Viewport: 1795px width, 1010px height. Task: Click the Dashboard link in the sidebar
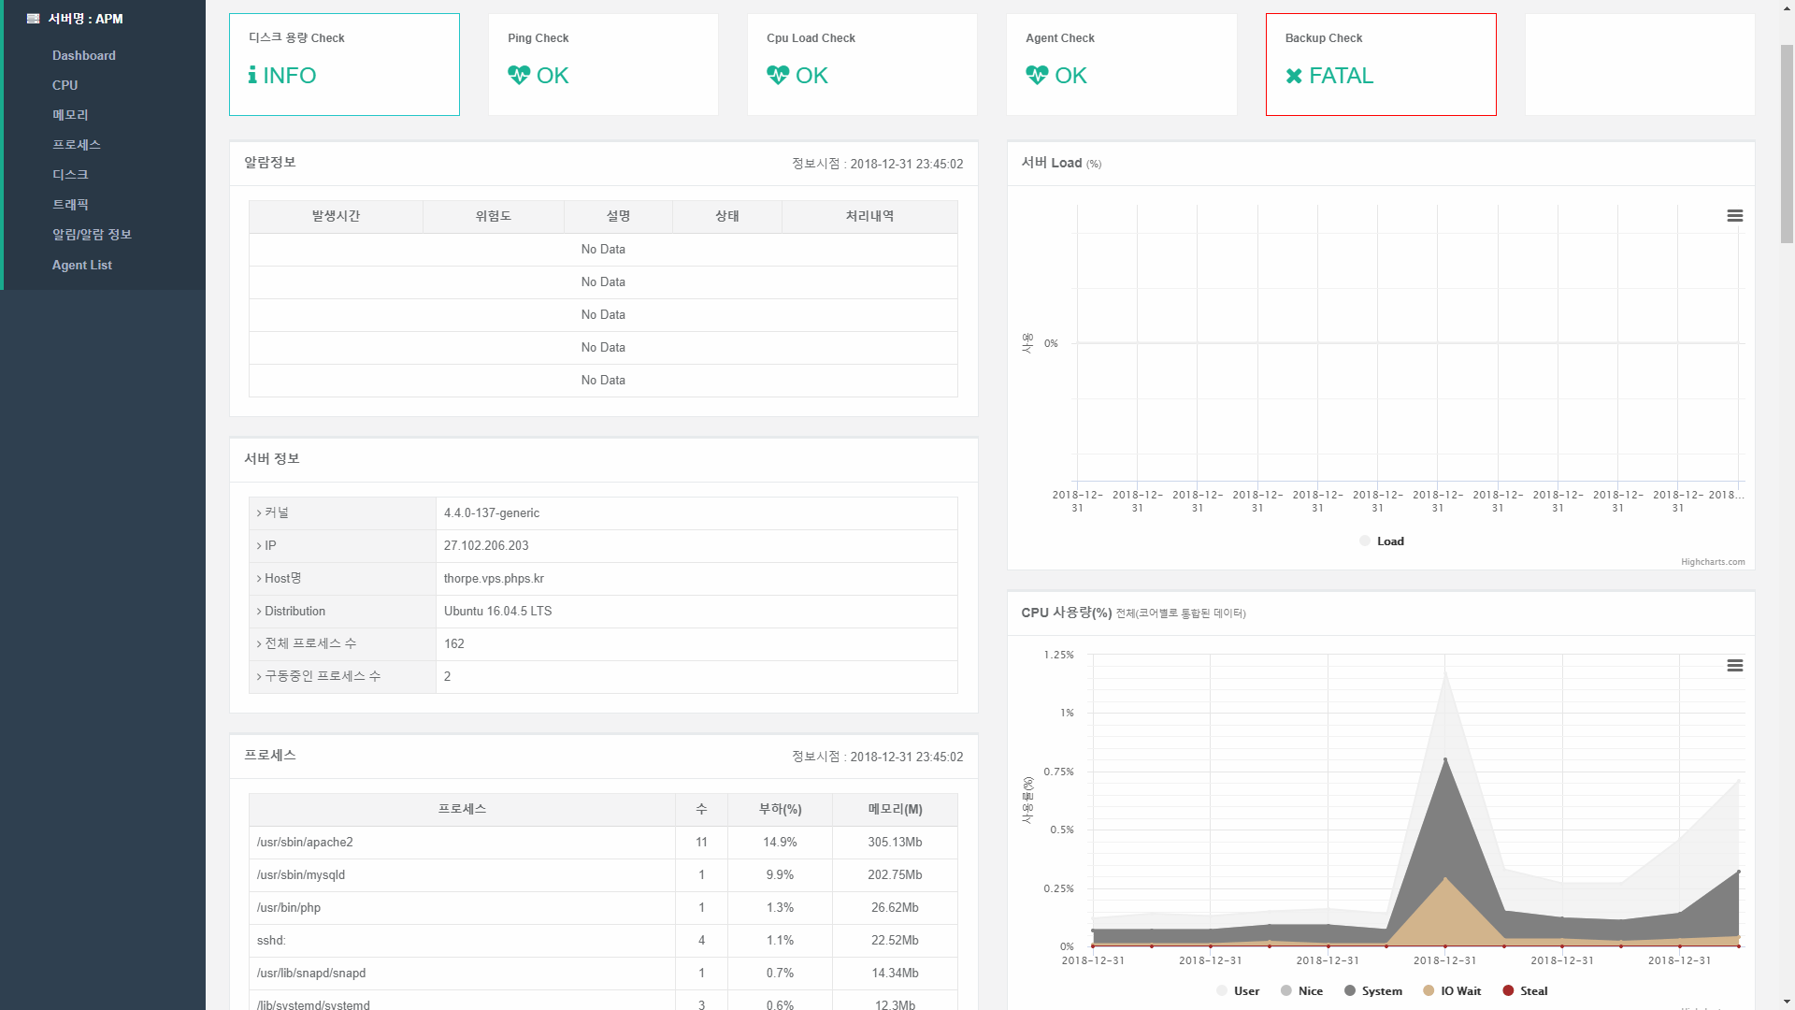point(84,56)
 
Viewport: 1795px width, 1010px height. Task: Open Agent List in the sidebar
point(82,266)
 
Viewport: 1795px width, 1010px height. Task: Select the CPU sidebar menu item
point(65,85)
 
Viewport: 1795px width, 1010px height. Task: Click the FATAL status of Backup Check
point(1341,76)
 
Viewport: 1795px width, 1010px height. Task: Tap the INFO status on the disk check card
point(290,76)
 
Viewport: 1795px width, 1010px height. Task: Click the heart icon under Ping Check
point(519,75)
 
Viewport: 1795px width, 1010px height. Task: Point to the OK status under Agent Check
point(1070,76)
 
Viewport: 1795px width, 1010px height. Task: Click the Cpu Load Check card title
point(811,38)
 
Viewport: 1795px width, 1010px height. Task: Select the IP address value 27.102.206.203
point(486,546)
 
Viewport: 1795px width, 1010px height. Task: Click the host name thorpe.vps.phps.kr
point(494,579)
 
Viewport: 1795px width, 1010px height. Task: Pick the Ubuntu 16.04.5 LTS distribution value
point(498,612)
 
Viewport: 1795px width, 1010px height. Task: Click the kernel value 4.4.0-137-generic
point(492,513)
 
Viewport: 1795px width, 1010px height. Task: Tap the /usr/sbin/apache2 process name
point(305,843)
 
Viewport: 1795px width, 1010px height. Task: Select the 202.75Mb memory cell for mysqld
point(895,875)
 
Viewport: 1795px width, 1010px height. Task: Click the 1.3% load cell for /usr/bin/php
point(780,908)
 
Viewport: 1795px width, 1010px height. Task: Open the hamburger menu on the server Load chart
point(1735,216)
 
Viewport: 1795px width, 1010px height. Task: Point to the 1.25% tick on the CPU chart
point(1059,656)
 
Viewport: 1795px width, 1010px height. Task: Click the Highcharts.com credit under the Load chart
point(1713,562)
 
